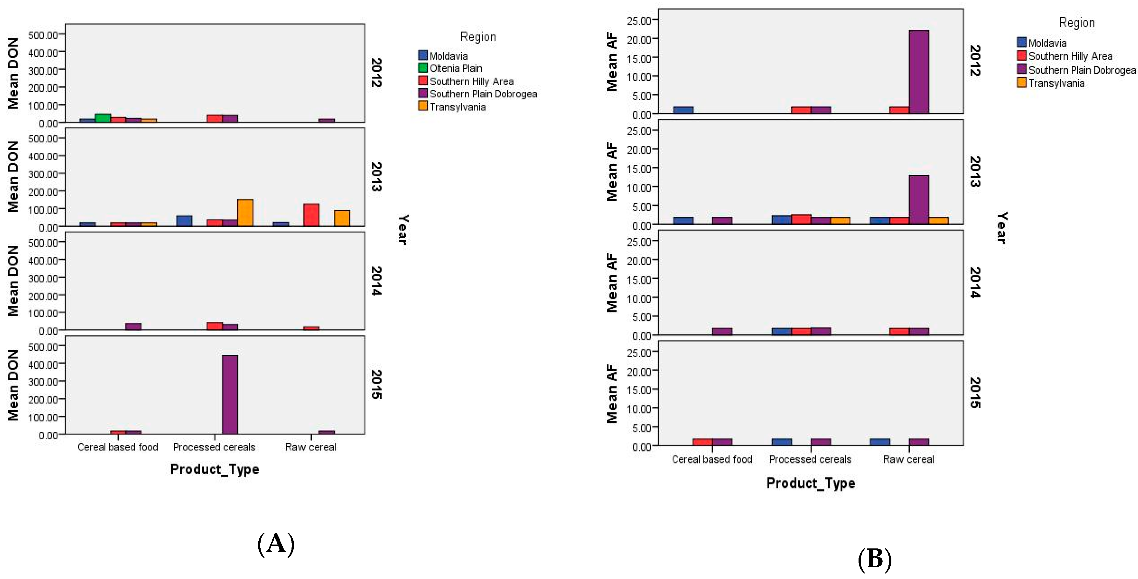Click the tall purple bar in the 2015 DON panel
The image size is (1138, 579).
[230, 394]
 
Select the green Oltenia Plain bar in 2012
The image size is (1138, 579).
[102, 118]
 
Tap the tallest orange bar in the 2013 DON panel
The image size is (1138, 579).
[245, 213]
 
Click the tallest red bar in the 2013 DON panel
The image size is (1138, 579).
[311, 215]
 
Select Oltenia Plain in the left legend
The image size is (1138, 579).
[455, 69]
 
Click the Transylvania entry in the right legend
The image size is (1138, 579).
[1056, 84]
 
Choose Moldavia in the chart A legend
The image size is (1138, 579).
[448, 56]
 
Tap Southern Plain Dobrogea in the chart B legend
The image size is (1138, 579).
[1081, 70]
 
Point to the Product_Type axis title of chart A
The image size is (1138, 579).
[215, 469]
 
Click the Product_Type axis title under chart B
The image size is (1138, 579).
[810, 483]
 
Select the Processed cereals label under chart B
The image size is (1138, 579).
[810, 460]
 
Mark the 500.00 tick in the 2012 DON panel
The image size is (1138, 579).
[43, 35]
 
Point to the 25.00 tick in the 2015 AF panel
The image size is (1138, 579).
[639, 353]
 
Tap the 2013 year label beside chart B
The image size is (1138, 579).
[975, 172]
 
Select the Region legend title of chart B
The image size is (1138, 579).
[1077, 23]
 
